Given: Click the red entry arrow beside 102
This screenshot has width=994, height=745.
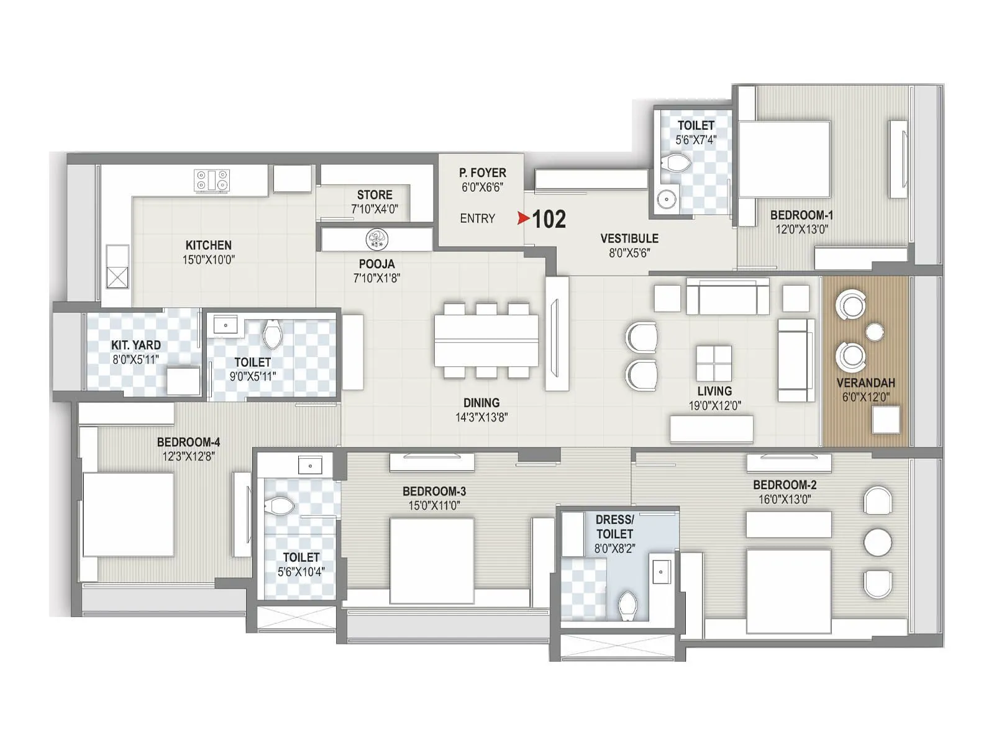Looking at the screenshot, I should pos(523,219).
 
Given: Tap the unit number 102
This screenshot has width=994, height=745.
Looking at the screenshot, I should pos(549,219).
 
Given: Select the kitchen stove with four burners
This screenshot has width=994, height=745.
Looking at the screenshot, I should pos(212,181).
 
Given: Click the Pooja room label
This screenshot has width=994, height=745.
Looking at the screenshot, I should pos(376,264).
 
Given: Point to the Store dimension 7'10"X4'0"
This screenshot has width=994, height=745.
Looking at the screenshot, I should pos(375,209).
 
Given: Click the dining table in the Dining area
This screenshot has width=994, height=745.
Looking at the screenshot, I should pos(486,340).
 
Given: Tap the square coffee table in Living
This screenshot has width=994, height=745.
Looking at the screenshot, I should pos(714,363).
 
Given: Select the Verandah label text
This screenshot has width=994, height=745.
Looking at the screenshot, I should pos(865,383).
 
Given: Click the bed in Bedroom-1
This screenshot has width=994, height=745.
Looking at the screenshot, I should pos(785,159).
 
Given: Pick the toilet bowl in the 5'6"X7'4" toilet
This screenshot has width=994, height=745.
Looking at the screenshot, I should pos(676,164).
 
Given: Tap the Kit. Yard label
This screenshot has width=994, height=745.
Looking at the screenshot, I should pos(136,345).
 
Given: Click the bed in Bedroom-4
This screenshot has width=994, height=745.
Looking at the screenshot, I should pos(128,515).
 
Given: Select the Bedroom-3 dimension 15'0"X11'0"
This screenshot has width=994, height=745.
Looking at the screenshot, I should pos(434,505).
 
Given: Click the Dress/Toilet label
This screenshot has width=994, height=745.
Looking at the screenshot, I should pos(614,526).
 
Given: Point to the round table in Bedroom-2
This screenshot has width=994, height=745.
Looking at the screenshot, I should pos(878,542).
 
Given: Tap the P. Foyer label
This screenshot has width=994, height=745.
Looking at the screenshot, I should pos(483,173).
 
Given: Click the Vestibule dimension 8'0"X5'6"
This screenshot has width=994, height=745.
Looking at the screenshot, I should pos(629,253).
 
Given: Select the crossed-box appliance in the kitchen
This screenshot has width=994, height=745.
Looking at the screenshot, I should pos(117,278).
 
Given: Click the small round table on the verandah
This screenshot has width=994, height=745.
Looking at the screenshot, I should pos(875,332).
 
